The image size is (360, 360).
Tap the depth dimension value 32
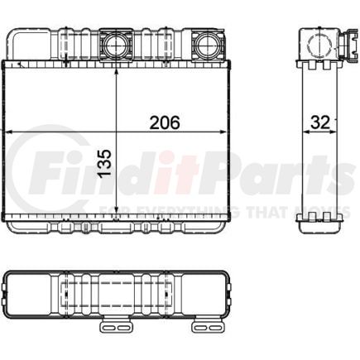(x=319, y=122)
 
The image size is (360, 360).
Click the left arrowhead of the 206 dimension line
(x=9, y=132)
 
